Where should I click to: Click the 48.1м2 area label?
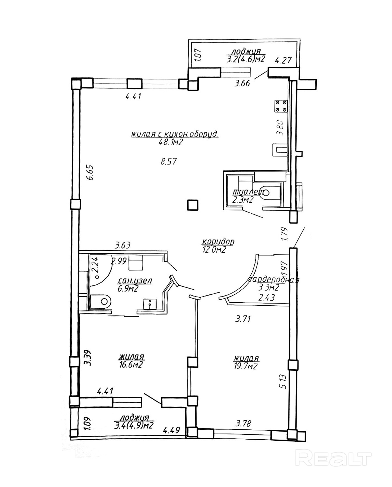point(171,142)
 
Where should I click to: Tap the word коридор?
point(218,241)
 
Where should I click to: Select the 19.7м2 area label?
point(245,366)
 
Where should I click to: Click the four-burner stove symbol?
point(281,106)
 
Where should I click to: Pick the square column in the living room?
point(192,205)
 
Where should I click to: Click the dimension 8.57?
point(168,161)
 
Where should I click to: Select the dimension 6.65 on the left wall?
point(90,173)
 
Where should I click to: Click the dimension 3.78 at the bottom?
point(243,423)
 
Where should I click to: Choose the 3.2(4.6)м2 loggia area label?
point(246,59)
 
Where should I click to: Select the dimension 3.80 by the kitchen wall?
point(280,128)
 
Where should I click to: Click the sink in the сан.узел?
point(150,304)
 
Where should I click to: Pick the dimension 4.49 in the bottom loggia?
point(171,430)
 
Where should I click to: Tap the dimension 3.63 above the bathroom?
point(122,245)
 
